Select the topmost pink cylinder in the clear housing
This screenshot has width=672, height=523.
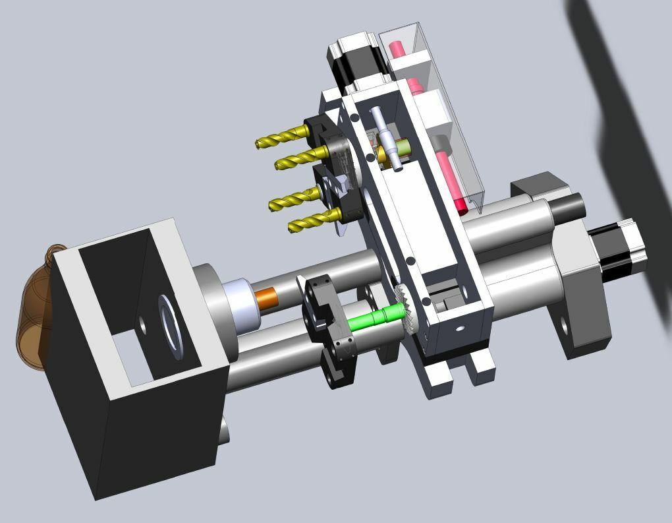[x=399, y=49]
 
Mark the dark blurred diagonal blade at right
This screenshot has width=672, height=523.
[x=626, y=132]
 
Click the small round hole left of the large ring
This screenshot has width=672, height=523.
[x=142, y=324]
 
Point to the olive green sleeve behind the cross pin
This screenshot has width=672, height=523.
[x=383, y=154]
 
